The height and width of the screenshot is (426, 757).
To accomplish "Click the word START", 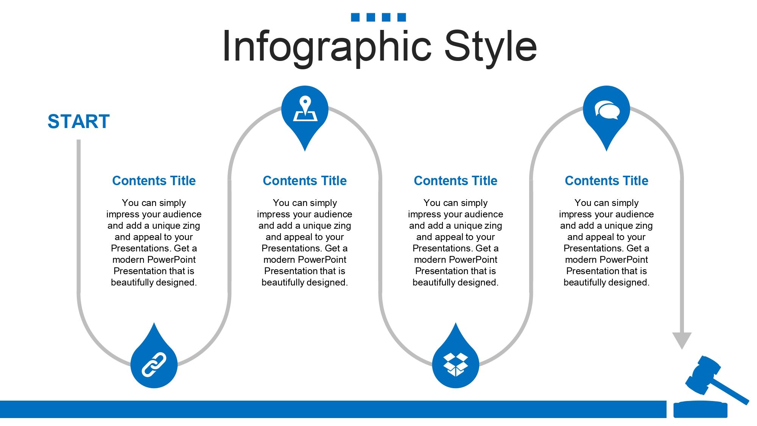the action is pyautogui.click(x=79, y=122).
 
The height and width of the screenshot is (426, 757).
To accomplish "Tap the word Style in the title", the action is pyautogui.click(x=491, y=47).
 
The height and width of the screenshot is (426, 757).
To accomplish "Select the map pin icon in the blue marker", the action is pyautogui.click(x=305, y=109).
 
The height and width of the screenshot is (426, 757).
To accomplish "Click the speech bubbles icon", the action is pyautogui.click(x=607, y=110).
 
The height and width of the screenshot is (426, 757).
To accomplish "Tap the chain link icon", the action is pyautogui.click(x=154, y=365).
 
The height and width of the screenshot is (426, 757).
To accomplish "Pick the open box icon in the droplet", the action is pyautogui.click(x=456, y=365).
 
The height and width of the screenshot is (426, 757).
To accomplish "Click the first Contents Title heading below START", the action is pyautogui.click(x=154, y=181).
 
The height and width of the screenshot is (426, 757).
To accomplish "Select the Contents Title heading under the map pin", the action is pyautogui.click(x=305, y=181).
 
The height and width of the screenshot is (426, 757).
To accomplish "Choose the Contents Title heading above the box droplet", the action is pyautogui.click(x=456, y=181).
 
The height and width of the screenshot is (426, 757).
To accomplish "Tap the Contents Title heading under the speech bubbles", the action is pyautogui.click(x=607, y=181).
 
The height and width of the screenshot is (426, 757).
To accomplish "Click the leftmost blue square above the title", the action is pyautogui.click(x=355, y=17).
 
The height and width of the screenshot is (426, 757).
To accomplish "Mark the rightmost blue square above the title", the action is pyautogui.click(x=402, y=17).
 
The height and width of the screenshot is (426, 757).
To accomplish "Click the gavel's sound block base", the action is pyautogui.click(x=701, y=410).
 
